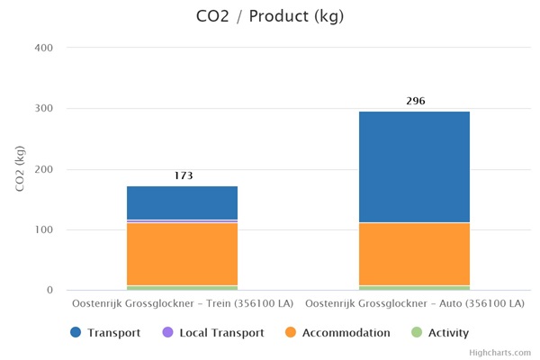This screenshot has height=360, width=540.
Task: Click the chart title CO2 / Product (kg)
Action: (269, 16)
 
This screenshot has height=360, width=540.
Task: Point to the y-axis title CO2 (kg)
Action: (19, 168)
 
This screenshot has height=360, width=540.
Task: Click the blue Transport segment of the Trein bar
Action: (182, 202)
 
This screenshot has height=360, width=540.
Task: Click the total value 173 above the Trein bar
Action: (183, 176)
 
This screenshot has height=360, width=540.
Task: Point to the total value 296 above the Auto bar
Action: (415, 101)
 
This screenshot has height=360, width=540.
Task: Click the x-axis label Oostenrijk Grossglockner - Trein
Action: (183, 304)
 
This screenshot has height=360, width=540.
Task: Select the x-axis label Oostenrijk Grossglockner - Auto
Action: (415, 304)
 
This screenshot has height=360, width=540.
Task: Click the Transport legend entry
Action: (105, 333)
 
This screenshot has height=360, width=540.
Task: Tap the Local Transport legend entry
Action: (212, 333)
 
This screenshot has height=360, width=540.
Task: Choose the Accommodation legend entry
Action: (337, 333)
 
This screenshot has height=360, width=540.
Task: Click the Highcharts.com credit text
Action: (500, 353)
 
